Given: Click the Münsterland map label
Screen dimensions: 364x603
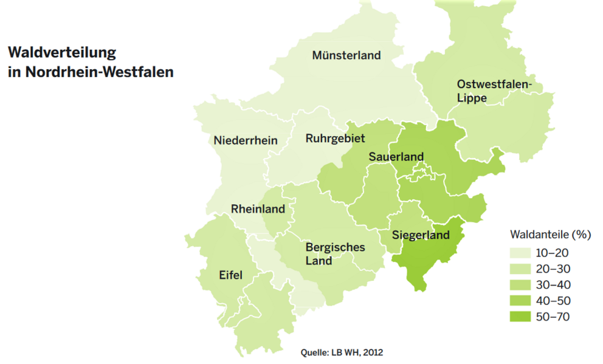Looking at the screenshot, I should pyautogui.click(x=346, y=55).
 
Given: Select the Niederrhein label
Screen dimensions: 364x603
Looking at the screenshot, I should pyautogui.click(x=246, y=140).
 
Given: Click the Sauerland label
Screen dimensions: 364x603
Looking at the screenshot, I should pyautogui.click(x=396, y=157).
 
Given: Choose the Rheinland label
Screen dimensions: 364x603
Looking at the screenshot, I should pyautogui.click(x=258, y=209).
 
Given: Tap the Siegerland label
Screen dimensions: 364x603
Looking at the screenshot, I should pyautogui.click(x=421, y=235).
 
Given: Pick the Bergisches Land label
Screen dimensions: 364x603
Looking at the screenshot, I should pyautogui.click(x=335, y=254).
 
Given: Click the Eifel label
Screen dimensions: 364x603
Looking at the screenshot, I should pyautogui.click(x=230, y=275).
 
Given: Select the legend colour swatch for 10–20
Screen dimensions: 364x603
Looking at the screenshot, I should pyautogui.click(x=521, y=253).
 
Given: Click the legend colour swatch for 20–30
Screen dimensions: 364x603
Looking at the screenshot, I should pyautogui.click(x=521, y=269).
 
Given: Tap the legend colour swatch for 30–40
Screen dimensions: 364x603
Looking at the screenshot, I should pyautogui.click(x=521, y=285).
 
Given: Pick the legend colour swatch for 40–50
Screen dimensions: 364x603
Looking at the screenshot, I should pyautogui.click(x=521, y=301).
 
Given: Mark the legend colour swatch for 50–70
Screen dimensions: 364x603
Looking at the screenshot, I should pyautogui.click(x=521, y=317).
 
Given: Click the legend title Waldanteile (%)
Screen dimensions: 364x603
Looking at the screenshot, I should pyautogui.click(x=550, y=234).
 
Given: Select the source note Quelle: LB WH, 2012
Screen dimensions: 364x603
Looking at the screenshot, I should pyautogui.click(x=342, y=352).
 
